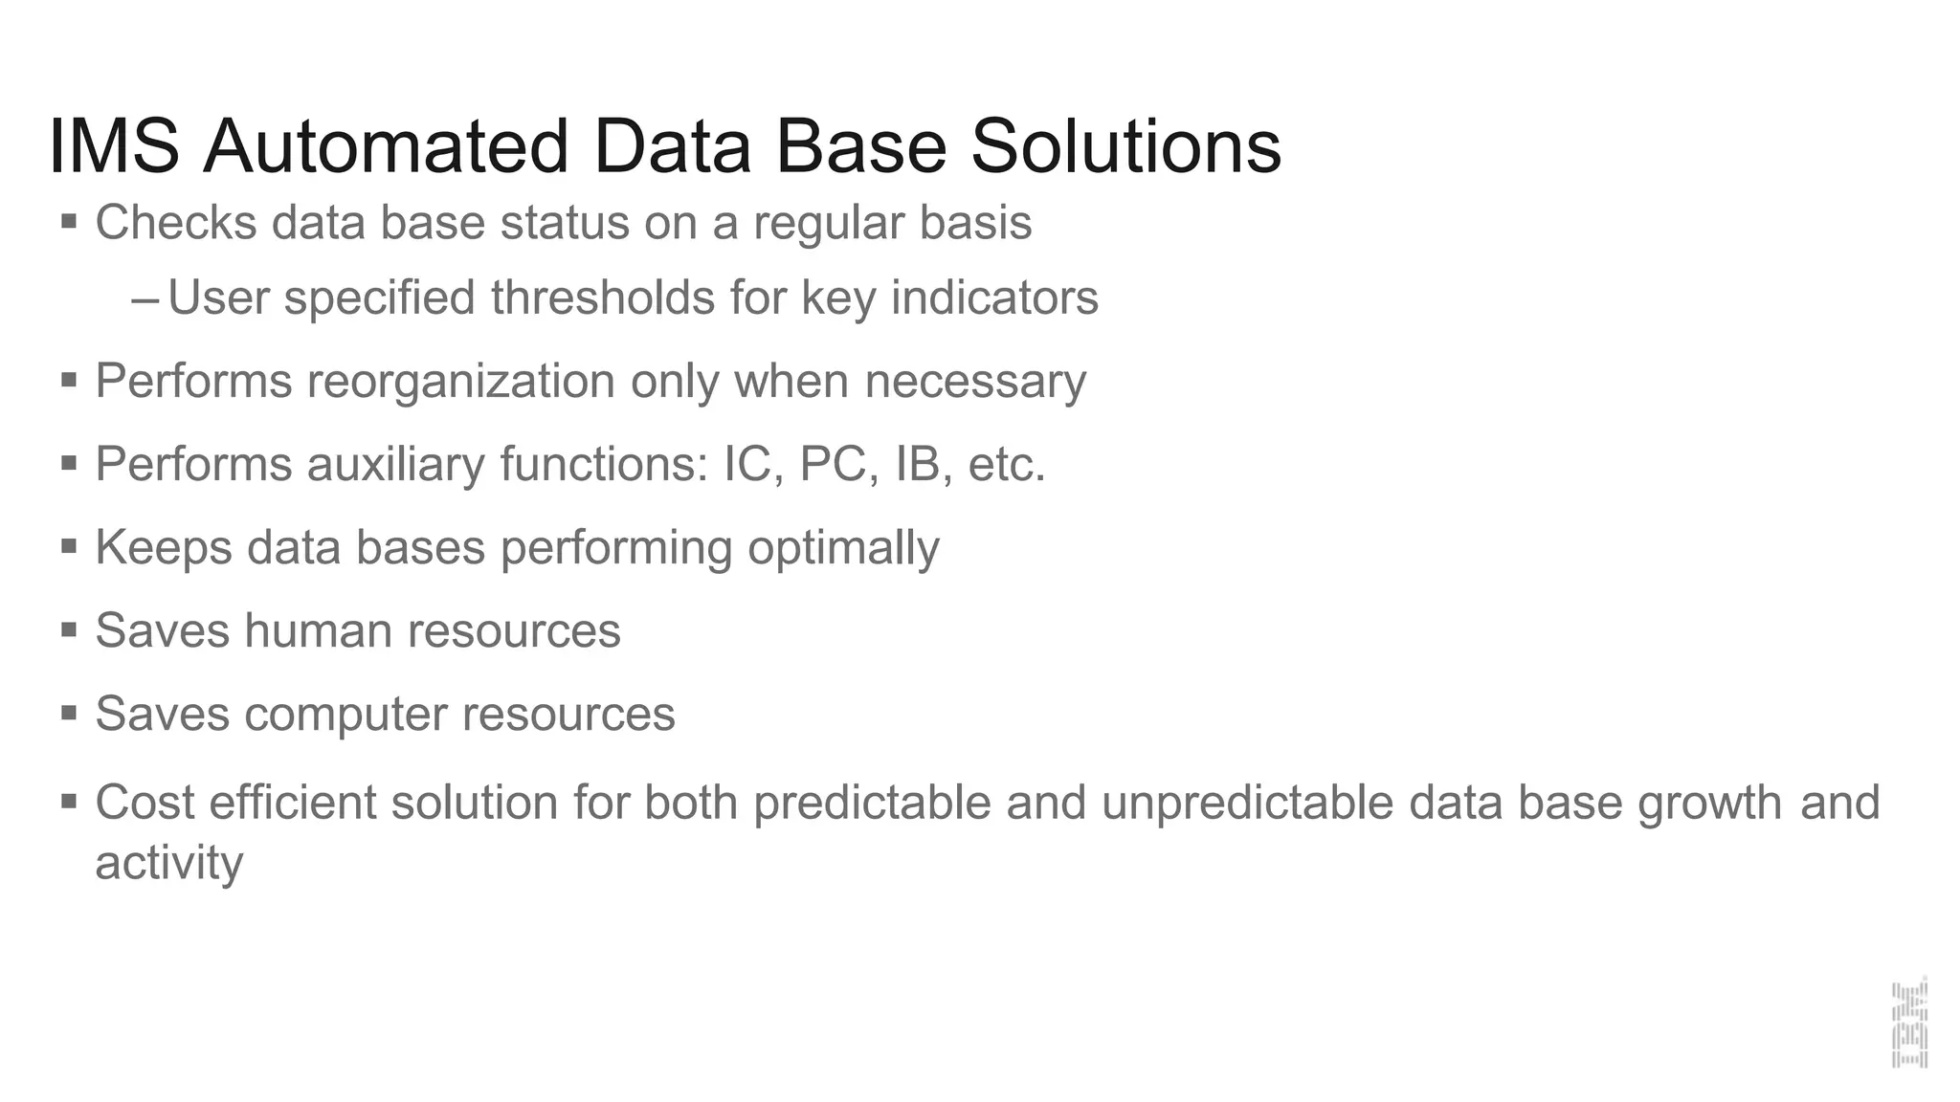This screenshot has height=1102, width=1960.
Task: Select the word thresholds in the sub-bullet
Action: pos(603,298)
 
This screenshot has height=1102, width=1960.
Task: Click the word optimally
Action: pos(843,549)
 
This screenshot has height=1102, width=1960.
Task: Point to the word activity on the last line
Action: pos(169,864)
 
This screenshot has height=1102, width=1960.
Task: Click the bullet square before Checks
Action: pos(69,222)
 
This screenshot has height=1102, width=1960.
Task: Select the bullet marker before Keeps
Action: pos(69,547)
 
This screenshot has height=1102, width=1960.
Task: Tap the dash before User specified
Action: pos(145,299)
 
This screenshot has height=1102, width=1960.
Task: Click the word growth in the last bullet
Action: pos(1709,804)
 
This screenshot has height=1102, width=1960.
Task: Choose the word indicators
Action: pos(994,298)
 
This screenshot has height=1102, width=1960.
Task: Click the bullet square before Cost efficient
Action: pos(69,800)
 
